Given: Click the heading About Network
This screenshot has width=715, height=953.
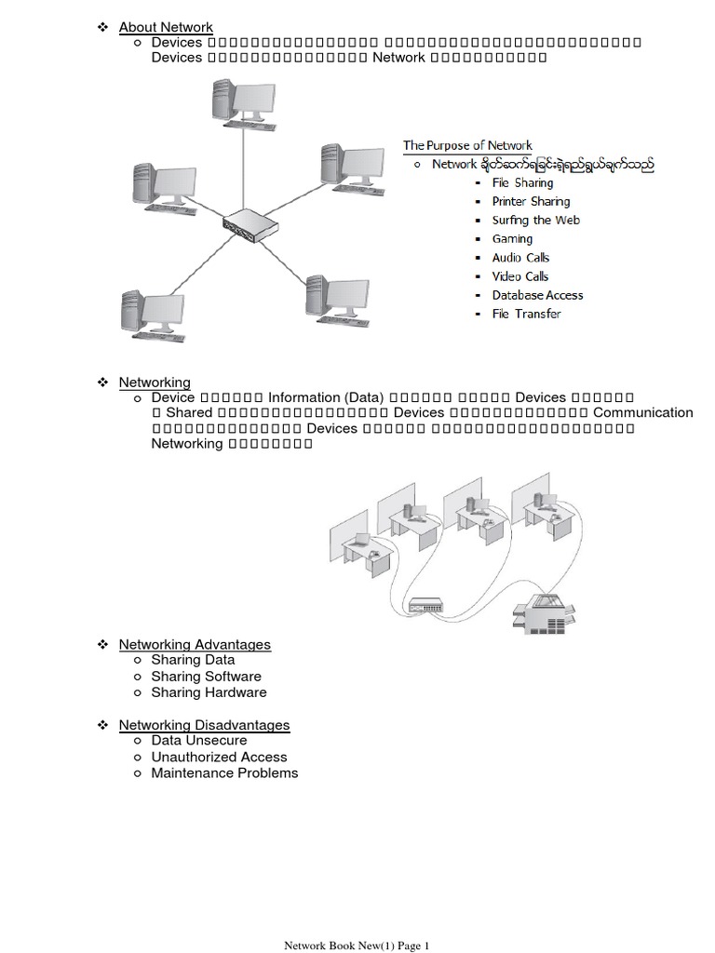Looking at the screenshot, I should pos(166,27).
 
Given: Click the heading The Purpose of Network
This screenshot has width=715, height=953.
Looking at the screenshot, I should pos(467,145).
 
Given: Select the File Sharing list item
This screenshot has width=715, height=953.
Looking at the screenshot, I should pos(522,182).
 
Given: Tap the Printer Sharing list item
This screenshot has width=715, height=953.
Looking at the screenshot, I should pos(531,201).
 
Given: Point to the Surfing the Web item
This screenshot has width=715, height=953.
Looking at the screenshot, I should pos(535,220).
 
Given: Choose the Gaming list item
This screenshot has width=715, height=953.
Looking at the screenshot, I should pos(512,239).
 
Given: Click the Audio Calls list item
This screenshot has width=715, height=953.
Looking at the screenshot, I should pos(520,258).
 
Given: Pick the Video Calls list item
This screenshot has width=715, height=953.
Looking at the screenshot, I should pos(520,276).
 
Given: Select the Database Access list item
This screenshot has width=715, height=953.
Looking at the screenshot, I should pos(537,295).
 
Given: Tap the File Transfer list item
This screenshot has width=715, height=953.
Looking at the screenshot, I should pos(526,314).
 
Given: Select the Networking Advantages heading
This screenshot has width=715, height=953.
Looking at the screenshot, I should pos(195,644).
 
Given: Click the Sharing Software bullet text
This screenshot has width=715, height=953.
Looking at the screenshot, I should pos(206,677).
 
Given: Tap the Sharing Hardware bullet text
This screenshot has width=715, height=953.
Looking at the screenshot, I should pos(209,692).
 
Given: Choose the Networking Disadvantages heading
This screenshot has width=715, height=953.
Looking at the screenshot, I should pos(204,725).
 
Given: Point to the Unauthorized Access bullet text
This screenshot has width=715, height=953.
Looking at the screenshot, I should pos(219,757).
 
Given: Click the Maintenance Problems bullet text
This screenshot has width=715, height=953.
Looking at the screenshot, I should pos(224,772).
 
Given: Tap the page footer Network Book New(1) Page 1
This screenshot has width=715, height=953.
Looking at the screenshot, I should pos(357,946).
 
